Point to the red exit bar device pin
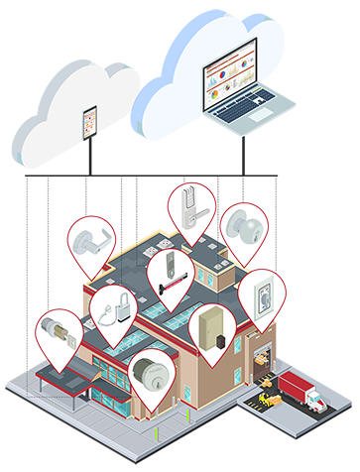click(170, 278)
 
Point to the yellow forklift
click(268, 400)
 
